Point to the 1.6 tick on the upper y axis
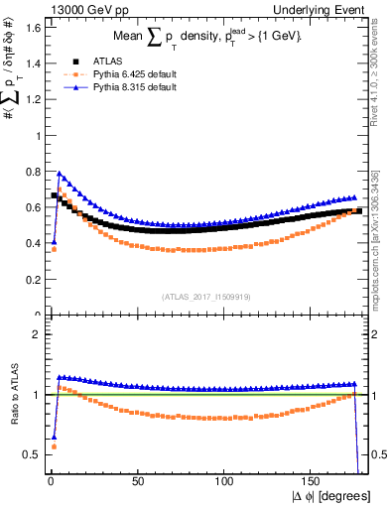click(30, 27)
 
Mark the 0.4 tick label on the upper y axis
click(30, 243)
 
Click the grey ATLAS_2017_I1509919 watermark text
click(206, 297)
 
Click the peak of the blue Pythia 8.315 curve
click(60, 173)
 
